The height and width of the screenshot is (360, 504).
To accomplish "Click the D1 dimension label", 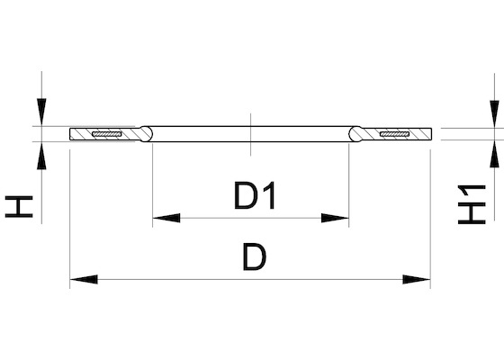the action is coord(256,196).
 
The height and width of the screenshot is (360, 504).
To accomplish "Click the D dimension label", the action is coord(255,256).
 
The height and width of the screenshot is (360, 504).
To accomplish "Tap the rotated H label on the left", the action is coord(19,207).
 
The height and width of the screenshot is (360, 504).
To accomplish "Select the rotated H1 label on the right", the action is coord(472,204).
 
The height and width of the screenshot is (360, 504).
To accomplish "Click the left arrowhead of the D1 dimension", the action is coord(166,218).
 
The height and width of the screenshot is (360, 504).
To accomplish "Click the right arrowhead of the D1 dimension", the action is coord(335,218).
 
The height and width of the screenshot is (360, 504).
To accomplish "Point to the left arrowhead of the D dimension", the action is coord(84,279).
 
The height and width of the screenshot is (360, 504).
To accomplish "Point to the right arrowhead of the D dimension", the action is coord(417,279).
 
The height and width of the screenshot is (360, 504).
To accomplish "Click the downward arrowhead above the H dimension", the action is coord(41,112).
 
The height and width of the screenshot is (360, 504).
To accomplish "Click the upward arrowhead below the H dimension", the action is coord(41,156).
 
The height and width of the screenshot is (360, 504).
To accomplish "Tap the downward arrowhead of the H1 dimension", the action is coord(494,113).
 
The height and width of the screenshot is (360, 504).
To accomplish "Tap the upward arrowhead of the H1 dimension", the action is coord(494,154).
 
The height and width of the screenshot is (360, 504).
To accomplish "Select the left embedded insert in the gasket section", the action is coord(107,134).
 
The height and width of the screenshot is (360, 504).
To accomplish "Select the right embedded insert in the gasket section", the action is coord(394,134).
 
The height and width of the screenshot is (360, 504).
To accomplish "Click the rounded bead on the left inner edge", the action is coord(146,134).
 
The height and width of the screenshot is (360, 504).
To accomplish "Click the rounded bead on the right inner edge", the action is coord(355,134).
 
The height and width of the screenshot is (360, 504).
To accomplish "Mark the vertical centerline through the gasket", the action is coord(251,134).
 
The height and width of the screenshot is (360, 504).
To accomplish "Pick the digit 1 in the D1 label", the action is coord(270,196).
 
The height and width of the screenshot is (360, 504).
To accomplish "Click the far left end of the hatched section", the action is coord(70,134).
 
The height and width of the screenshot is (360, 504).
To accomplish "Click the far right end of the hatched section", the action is coord(431,134).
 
